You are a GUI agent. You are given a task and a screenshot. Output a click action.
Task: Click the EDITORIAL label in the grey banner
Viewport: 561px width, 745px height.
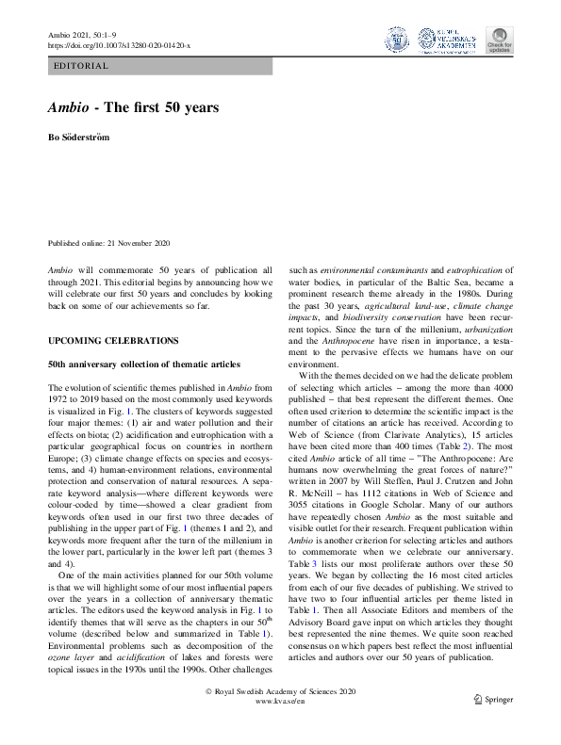pos(83,66)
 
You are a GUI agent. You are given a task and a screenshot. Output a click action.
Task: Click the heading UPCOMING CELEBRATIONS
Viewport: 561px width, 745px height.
pos(113,339)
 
